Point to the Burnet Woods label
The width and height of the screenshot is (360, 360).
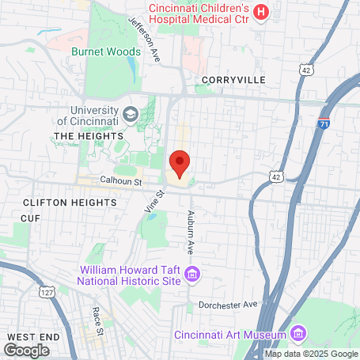106,51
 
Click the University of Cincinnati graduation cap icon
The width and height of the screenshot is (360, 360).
131,116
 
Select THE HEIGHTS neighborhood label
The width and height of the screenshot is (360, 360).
85,136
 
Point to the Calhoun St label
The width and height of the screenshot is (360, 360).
119,180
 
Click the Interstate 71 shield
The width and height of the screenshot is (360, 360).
322,124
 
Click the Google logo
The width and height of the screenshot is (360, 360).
26,350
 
